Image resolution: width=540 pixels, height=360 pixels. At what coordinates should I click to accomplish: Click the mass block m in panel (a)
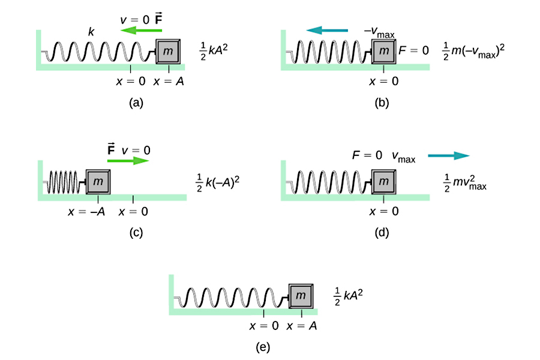click(x=169, y=52)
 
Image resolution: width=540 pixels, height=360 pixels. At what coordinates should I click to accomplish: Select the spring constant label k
click(x=91, y=32)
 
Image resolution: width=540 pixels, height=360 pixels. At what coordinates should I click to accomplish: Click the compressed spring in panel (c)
click(x=62, y=181)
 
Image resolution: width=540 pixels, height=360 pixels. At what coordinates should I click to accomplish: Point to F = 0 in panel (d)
click(x=367, y=156)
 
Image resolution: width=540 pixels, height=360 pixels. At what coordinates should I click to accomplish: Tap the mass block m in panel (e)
click(x=302, y=296)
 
